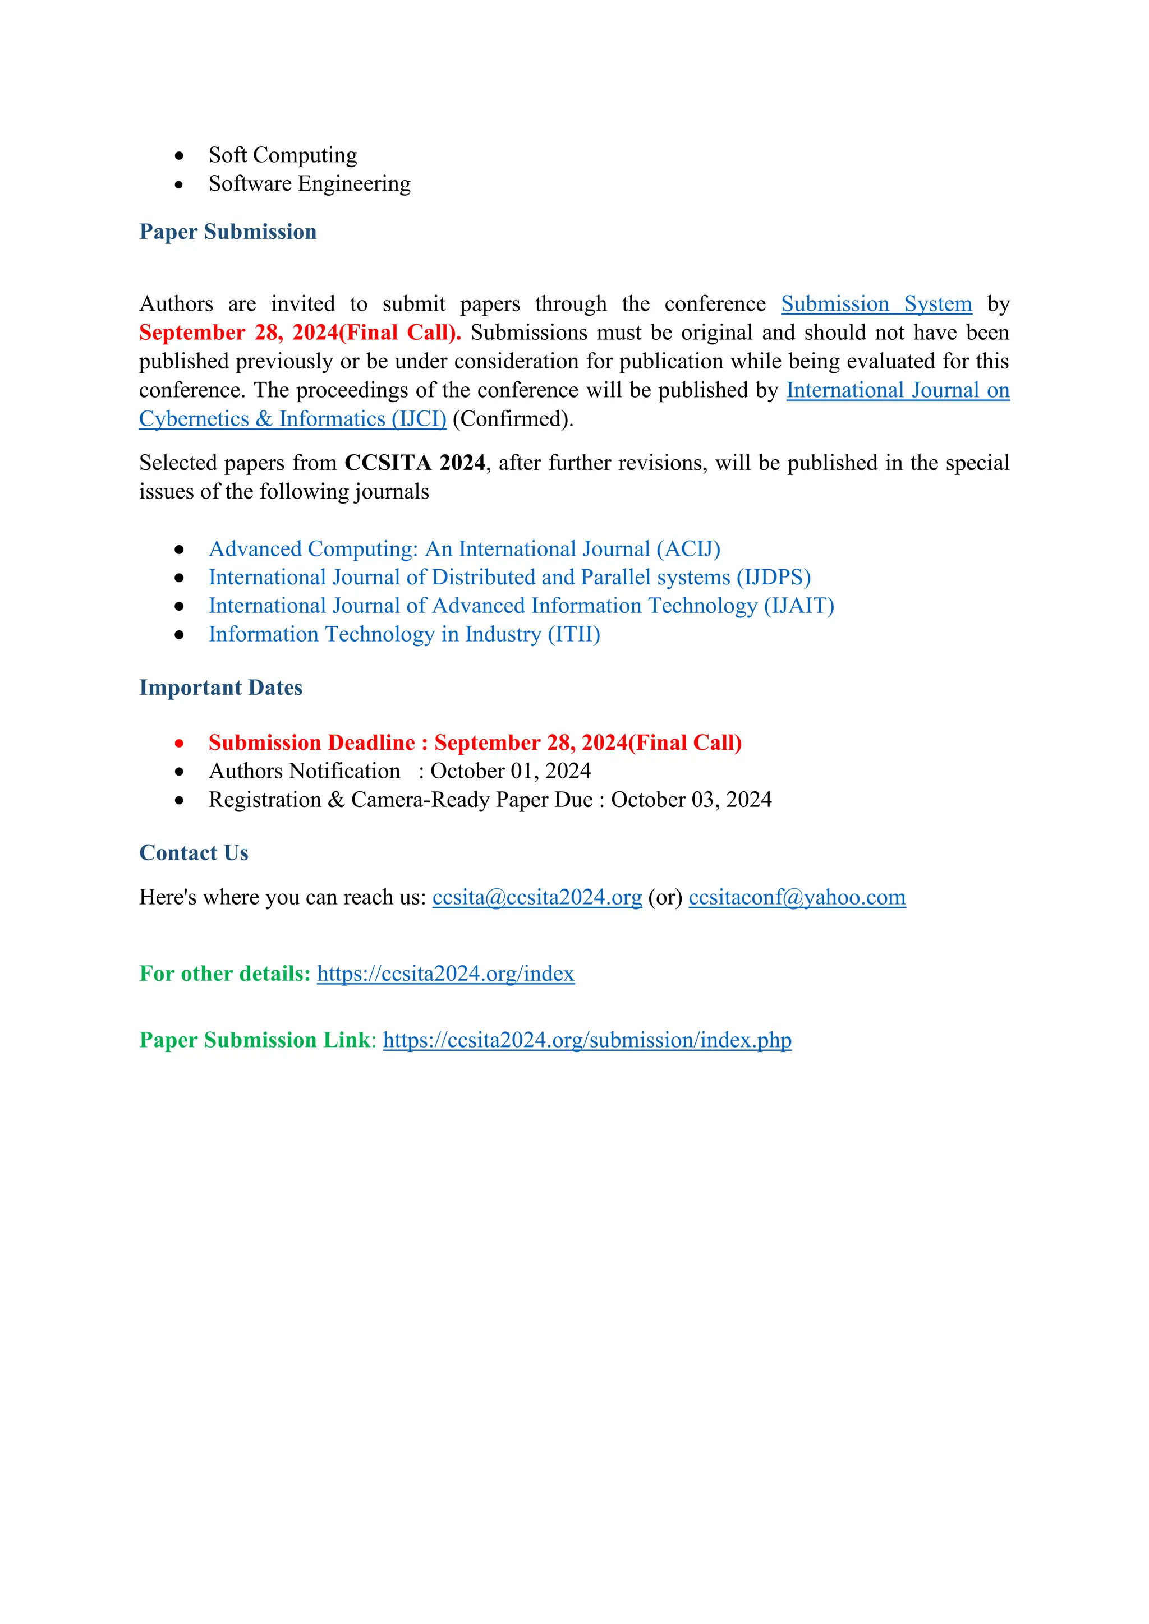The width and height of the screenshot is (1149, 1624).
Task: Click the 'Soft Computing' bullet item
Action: click(x=282, y=155)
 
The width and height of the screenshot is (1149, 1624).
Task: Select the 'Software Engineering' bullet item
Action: click(x=309, y=184)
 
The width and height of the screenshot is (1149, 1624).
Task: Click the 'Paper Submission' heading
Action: click(x=228, y=232)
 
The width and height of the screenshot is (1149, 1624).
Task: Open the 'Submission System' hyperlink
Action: click(x=876, y=304)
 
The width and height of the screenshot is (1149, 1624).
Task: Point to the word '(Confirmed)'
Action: click(x=512, y=419)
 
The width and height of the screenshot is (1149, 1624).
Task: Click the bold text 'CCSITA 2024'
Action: click(x=415, y=463)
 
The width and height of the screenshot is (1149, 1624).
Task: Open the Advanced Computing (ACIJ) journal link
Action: click(x=464, y=549)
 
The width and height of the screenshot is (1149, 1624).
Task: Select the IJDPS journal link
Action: click(x=509, y=577)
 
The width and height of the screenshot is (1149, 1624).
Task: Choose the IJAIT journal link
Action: click(x=521, y=606)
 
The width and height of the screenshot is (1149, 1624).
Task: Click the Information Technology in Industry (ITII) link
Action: click(x=404, y=634)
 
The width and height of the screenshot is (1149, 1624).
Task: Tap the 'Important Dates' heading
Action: click(x=220, y=688)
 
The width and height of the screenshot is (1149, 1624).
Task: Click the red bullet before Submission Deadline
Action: click(x=180, y=744)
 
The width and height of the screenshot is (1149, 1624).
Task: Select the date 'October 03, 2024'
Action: click(x=691, y=800)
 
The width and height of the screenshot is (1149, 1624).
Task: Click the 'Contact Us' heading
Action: click(x=194, y=853)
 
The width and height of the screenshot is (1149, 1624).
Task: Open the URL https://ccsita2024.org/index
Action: click(x=445, y=974)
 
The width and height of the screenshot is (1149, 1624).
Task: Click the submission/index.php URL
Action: click(x=587, y=1040)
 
